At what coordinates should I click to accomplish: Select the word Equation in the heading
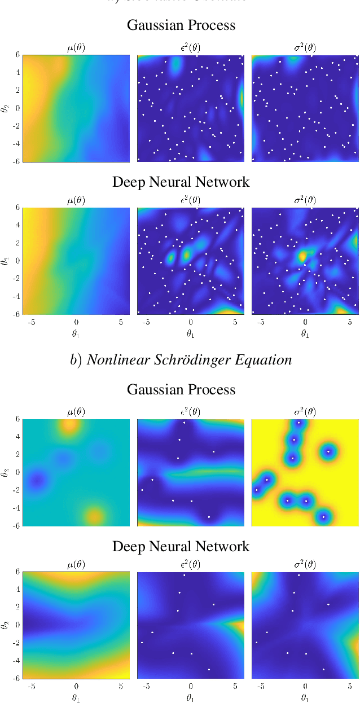click(x=267, y=360)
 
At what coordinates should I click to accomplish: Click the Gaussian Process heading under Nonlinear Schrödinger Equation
click(x=181, y=389)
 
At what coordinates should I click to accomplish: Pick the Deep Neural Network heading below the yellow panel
click(x=181, y=546)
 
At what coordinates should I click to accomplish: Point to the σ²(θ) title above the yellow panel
click(x=304, y=412)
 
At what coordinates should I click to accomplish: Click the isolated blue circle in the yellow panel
click(x=328, y=451)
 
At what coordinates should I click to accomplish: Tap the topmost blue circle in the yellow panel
click(x=299, y=424)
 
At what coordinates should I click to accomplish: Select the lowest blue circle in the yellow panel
click(x=323, y=516)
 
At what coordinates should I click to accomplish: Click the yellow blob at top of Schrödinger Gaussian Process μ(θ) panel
click(x=70, y=426)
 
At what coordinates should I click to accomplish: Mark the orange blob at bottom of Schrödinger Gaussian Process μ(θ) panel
click(x=94, y=515)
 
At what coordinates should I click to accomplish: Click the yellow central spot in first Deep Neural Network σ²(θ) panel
click(x=302, y=257)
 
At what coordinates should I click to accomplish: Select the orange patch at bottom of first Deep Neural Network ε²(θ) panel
click(x=229, y=311)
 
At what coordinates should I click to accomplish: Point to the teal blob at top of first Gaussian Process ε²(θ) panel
click(x=175, y=66)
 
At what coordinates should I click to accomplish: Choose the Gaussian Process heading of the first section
click(x=181, y=25)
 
